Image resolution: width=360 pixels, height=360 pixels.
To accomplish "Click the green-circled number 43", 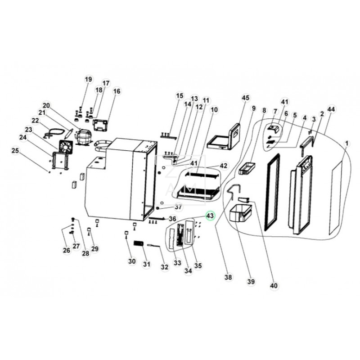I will click(210, 216).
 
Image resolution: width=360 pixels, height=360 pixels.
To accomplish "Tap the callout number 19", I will click(88, 80).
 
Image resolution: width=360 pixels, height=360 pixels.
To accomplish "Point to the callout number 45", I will click(245, 98).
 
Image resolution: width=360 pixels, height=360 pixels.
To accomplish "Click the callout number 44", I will click(332, 109).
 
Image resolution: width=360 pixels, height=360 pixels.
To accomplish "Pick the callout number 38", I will click(228, 278).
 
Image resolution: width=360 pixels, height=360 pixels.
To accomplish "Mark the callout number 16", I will click(117, 91).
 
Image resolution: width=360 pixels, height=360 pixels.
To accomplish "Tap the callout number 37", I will click(178, 207).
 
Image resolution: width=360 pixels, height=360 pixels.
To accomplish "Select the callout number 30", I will click(131, 261).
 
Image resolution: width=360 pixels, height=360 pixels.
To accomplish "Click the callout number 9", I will click(253, 108).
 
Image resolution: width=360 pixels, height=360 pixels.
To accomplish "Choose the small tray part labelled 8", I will click(247, 168).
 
